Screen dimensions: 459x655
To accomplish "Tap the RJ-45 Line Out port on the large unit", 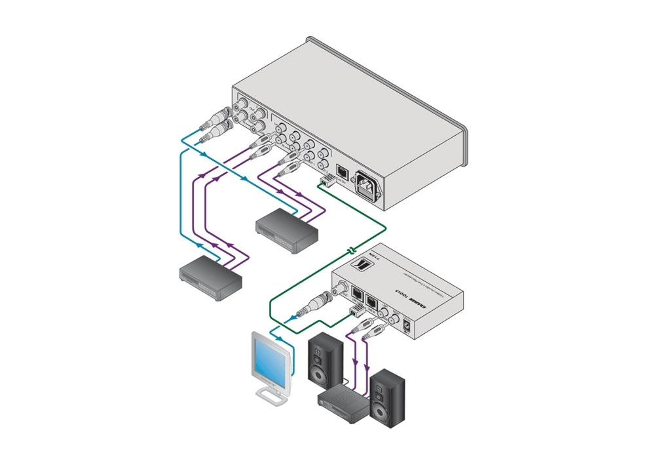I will tap(341, 171).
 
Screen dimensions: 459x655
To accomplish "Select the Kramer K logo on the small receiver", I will tap(361, 266).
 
